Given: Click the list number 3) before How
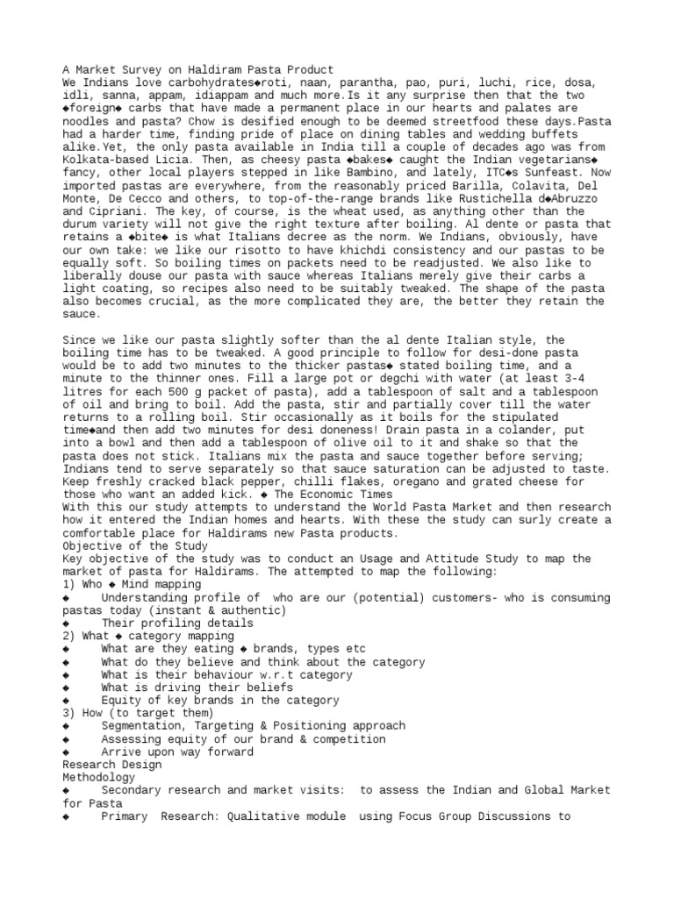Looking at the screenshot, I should coord(69,713).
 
